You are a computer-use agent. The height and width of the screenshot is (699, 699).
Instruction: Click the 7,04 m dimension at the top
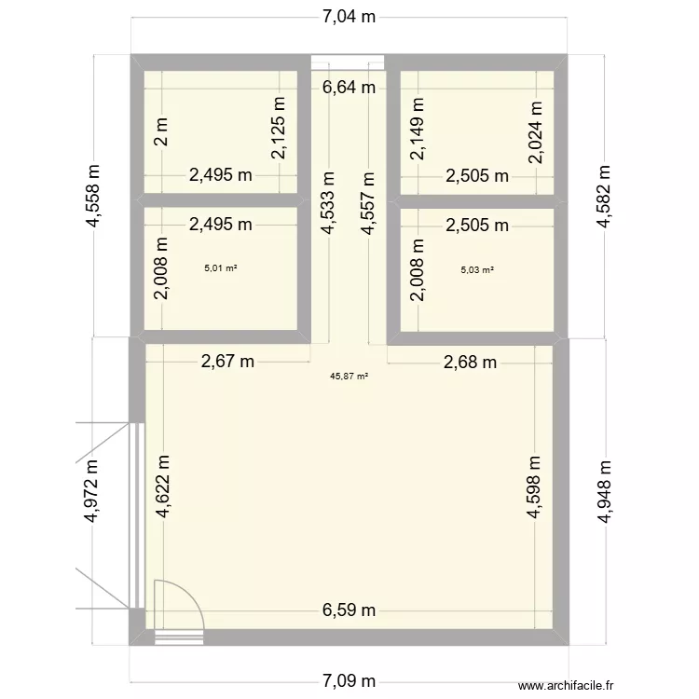tap(349, 16)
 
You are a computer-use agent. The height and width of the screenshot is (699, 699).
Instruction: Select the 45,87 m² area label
tap(349, 377)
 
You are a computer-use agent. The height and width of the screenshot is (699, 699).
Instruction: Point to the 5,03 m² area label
tap(477, 270)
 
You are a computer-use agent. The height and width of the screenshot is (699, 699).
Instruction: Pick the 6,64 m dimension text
tap(349, 89)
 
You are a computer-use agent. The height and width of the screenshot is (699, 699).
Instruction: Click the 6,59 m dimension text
tap(349, 611)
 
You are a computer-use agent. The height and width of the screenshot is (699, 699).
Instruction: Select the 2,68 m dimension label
tap(472, 362)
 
